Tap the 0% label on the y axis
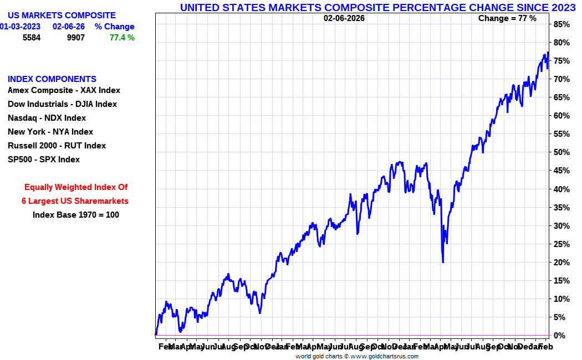(x=560, y=336)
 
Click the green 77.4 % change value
(x=122, y=38)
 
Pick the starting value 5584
(x=32, y=38)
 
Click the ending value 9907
(x=76, y=38)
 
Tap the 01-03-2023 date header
(x=20, y=27)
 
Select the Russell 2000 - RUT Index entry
(x=57, y=146)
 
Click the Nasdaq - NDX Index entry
(x=47, y=118)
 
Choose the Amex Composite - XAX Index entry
(x=64, y=90)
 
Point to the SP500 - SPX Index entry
(x=44, y=160)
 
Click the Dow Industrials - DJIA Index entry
(x=62, y=104)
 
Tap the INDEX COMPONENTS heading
(x=52, y=79)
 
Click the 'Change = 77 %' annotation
(x=507, y=18)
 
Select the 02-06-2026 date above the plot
(x=344, y=18)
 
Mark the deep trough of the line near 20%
(x=443, y=261)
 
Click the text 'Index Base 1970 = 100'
(x=76, y=215)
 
